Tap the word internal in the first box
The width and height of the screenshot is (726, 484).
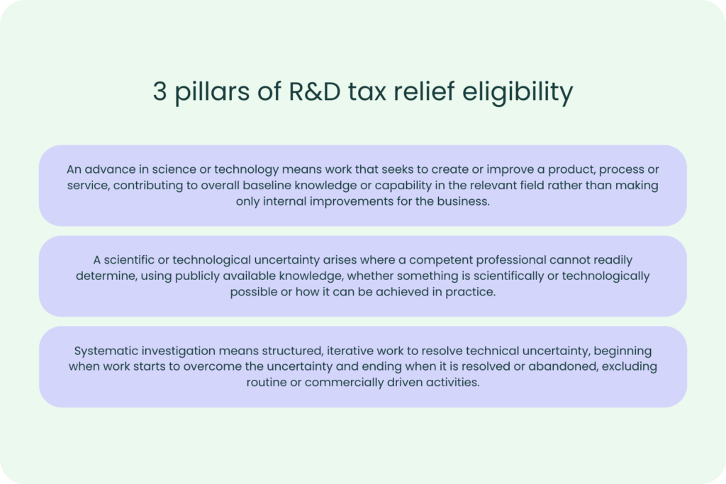[291, 201]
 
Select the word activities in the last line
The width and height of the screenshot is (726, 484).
[455, 383]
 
